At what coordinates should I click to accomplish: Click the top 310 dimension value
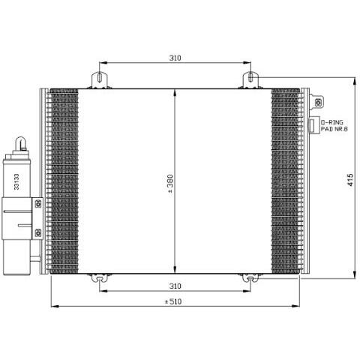point(175,58)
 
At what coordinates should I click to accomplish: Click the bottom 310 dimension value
point(175,286)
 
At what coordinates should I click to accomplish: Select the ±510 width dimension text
point(173,301)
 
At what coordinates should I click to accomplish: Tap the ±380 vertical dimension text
point(170,184)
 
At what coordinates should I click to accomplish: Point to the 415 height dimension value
point(350,180)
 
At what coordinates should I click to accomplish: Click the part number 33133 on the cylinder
point(16,181)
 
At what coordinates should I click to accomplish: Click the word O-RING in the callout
point(332,122)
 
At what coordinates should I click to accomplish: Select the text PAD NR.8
point(334,129)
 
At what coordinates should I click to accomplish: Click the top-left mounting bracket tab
point(100,79)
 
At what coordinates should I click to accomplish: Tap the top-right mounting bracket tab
point(250,79)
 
